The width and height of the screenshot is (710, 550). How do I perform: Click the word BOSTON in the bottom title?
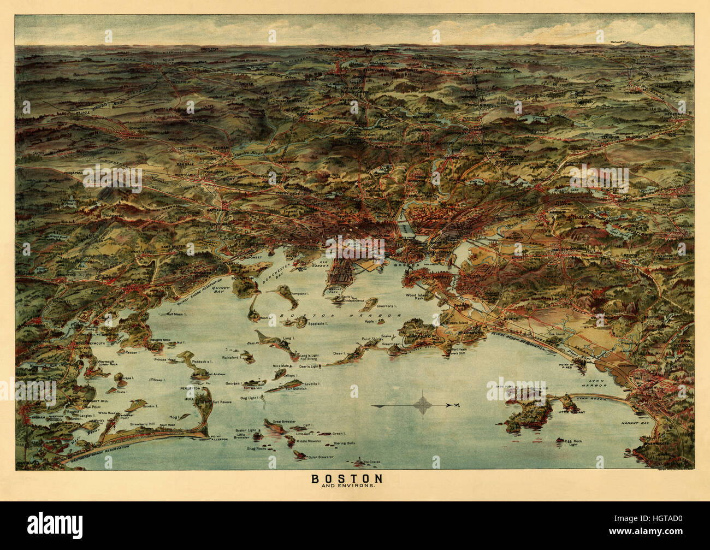(347, 478)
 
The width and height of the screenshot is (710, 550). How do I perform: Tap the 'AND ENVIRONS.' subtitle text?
(347, 486)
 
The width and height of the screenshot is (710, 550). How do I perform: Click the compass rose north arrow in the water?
(424, 405)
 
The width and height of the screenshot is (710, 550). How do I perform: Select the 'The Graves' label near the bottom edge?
(369, 463)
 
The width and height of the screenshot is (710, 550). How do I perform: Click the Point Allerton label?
(218, 439)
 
